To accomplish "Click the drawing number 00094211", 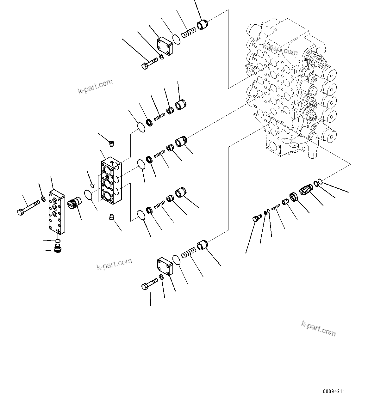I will click(x=334, y=392).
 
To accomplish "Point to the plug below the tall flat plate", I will click(x=57, y=250).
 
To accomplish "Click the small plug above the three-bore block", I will click(x=111, y=144).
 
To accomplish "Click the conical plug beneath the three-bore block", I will click(x=111, y=217).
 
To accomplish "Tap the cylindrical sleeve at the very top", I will click(x=202, y=24).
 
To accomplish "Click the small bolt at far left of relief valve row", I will click(x=256, y=218).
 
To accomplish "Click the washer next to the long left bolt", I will click(x=43, y=199).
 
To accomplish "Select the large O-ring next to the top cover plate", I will click(x=177, y=39).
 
